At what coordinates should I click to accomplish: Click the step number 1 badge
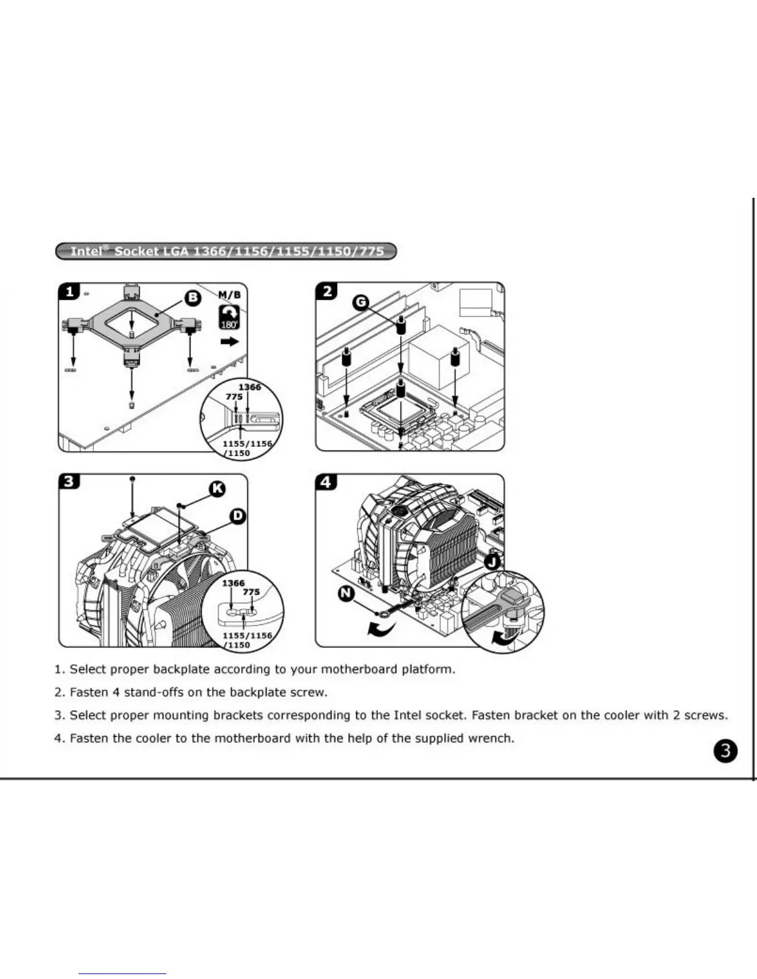click(x=69, y=291)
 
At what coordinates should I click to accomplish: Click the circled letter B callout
click(x=193, y=298)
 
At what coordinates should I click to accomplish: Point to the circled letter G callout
click(x=361, y=302)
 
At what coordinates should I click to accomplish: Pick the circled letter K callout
click(x=217, y=489)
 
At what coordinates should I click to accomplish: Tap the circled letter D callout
click(x=237, y=515)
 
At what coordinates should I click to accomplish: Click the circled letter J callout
click(x=493, y=562)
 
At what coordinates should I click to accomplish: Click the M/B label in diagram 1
click(x=229, y=295)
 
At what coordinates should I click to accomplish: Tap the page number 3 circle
click(x=726, y=751)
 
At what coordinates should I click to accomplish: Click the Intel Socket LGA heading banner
click(x=226, y=252)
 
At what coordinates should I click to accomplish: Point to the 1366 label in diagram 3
click(x=233, y=583)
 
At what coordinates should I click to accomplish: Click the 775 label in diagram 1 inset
click(x=234, y=397)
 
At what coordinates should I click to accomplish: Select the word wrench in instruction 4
click(x=493, y=738)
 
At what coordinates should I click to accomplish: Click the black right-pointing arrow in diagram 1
click(x=229, y=341)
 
